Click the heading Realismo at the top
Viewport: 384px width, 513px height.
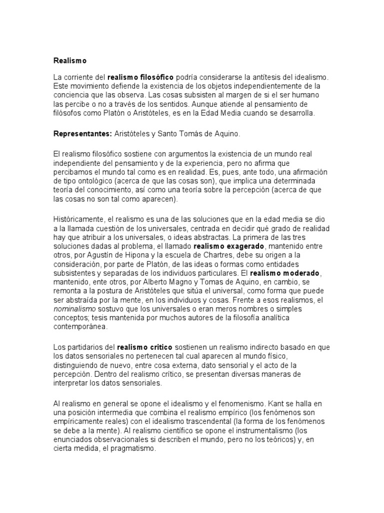[x=70, y=61]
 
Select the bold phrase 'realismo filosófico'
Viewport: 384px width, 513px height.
[x=140, y=78]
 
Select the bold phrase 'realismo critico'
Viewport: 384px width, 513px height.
[x=144, y=347]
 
